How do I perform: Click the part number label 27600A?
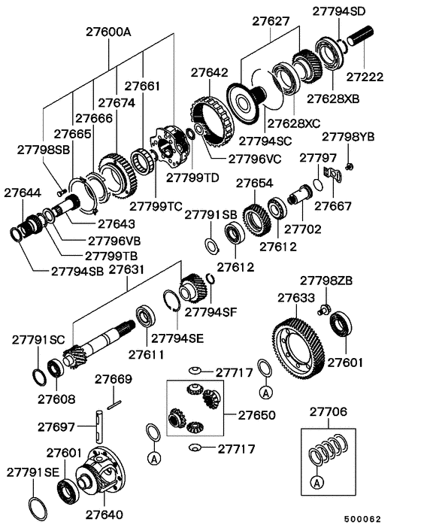(109, 32)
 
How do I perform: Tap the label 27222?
(365, 77)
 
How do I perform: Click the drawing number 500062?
(363, 519)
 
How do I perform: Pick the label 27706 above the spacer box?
(329, 411)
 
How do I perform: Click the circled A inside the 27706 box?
(317, 482)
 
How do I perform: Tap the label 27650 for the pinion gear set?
(257, 415)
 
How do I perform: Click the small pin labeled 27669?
(114, 405)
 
